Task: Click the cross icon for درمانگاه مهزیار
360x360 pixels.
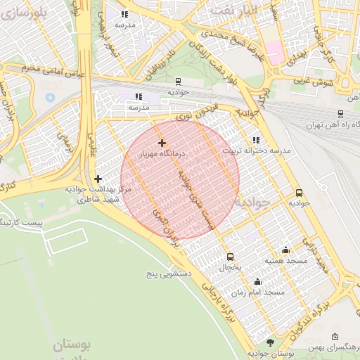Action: (162, 143)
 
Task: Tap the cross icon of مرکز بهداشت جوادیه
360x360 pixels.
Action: (98, 179)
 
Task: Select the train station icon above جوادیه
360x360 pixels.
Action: (177, 82)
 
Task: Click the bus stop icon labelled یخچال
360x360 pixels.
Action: (230, 257)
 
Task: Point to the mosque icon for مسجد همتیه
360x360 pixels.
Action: (285, 250)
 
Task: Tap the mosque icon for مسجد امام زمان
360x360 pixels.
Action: (285, 281)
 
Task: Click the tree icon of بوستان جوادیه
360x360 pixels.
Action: (270, 342)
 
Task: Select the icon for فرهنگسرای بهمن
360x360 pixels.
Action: (334, 337)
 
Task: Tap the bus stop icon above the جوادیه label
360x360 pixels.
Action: (299, 193)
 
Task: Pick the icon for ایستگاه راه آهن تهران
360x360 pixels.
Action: (340, 114)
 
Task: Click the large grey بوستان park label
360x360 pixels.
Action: (73, 345)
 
